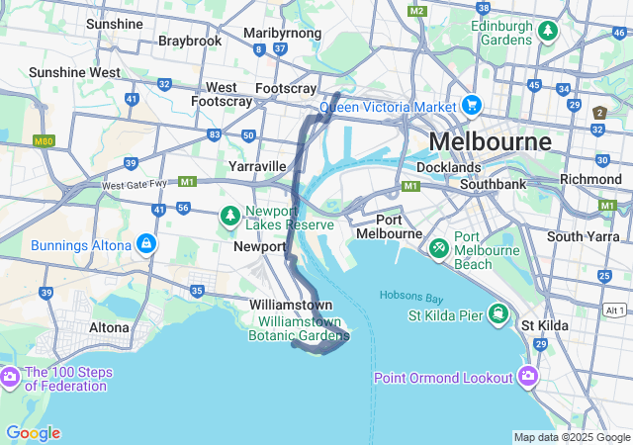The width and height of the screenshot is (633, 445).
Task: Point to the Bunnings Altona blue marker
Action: click(146, 242)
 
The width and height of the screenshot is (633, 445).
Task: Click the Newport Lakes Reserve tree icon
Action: click(229, 215)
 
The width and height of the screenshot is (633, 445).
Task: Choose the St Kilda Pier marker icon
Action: click(500, 316)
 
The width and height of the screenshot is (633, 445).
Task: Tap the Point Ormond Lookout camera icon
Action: click(528, 376)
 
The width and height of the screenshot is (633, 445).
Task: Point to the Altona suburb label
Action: click(109, 327)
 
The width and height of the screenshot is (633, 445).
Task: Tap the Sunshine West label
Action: click(74, 72)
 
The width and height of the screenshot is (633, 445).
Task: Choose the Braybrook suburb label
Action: click(190, 42)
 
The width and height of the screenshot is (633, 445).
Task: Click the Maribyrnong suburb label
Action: click(283, 33)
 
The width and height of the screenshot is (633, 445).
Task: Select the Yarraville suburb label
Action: click(257, 165)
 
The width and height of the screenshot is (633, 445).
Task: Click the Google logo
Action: click(33, 433)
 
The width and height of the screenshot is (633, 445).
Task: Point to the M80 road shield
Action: click(42, 142)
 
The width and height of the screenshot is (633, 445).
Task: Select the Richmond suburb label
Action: click(590, 179)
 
